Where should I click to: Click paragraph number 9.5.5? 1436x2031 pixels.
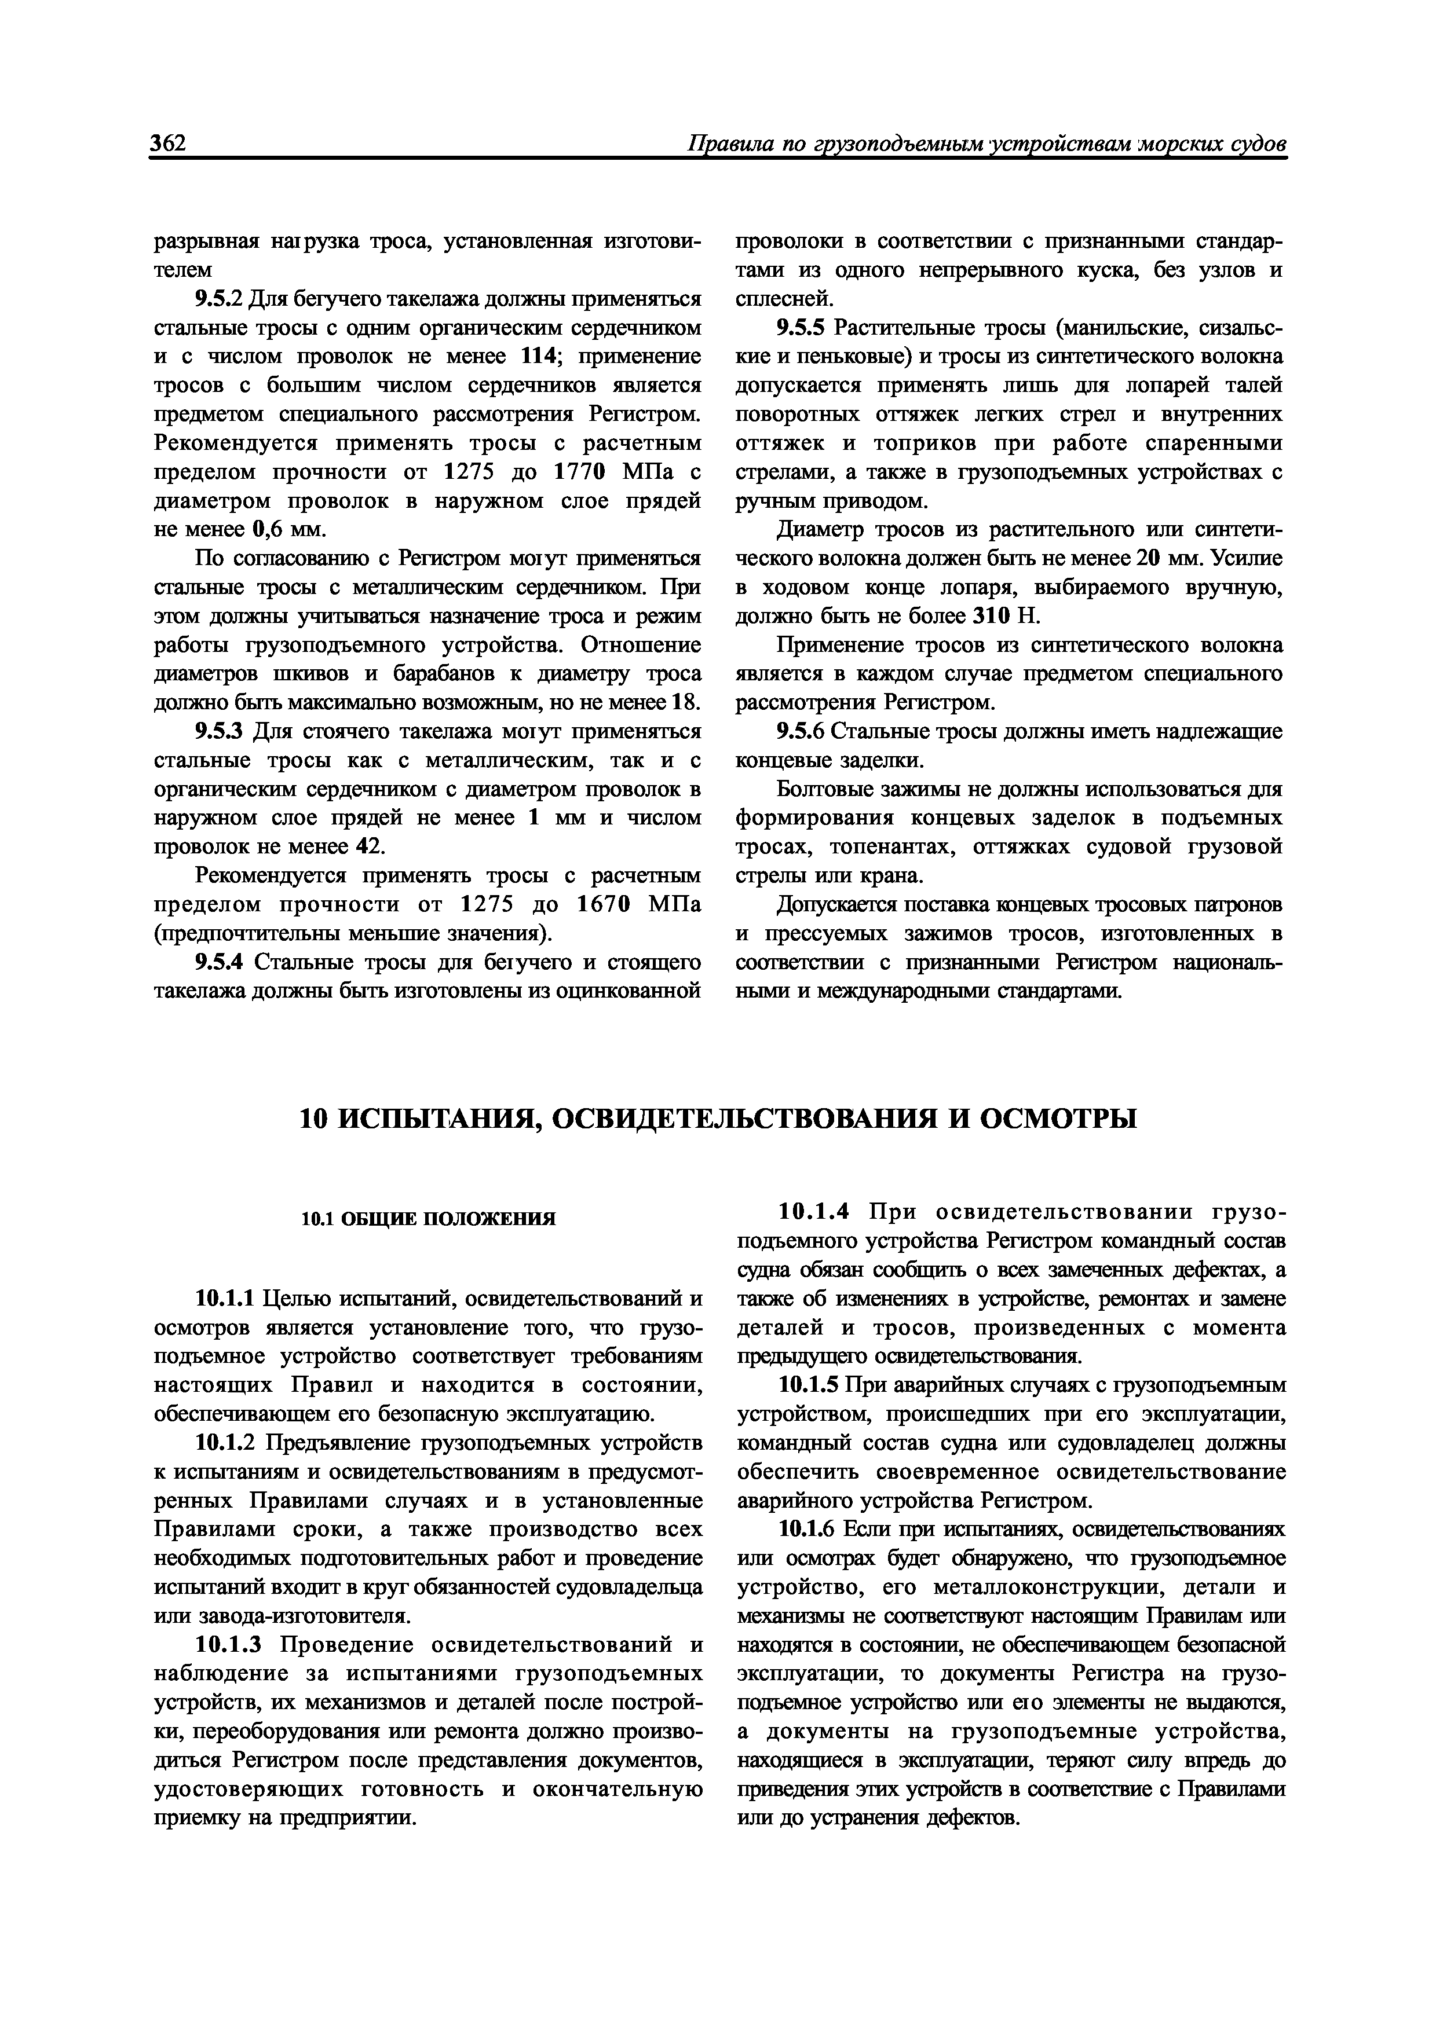click(x=801, y=328)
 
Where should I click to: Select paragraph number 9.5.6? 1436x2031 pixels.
click(x=801, y=732)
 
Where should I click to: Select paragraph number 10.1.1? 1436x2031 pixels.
click(x=225, y=1299)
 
